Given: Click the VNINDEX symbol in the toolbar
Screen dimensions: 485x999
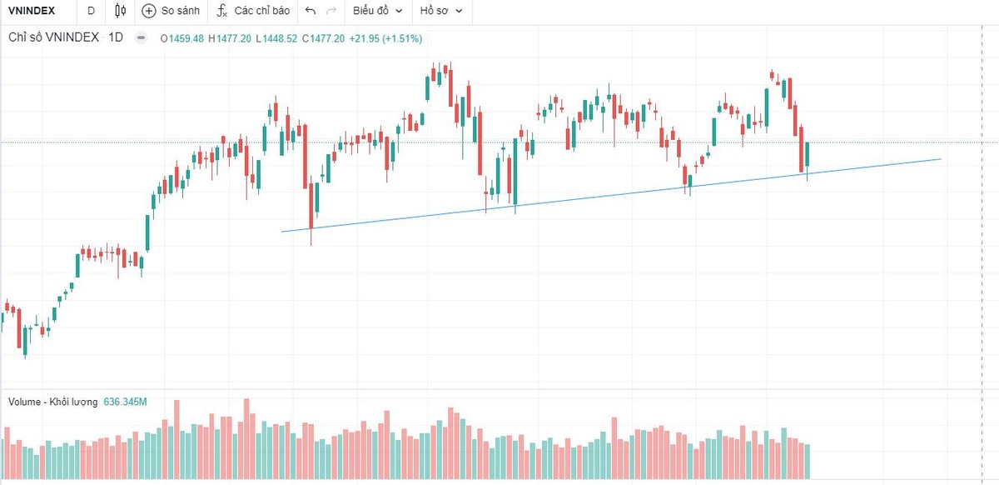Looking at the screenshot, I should click(32, 11).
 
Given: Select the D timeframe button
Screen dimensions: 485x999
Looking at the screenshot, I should click(91, 11).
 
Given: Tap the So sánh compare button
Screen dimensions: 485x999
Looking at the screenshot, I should click(171, 11).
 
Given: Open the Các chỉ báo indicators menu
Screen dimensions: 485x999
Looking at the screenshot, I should click(253, 11).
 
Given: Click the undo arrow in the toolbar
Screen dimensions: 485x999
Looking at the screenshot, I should click(311, 11).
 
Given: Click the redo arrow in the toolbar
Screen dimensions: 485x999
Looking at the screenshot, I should click(331, 11).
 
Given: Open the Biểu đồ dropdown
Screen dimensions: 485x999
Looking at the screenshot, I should click(377, 11).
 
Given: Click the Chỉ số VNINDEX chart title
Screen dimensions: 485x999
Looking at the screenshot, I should click(53, 37).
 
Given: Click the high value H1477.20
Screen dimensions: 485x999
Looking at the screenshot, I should click(230, 38).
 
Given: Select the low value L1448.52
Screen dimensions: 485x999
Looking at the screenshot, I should click(277, 38).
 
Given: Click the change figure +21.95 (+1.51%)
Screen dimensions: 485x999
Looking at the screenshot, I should click(385, 38).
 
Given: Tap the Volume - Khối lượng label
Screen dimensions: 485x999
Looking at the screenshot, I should click(52, 402).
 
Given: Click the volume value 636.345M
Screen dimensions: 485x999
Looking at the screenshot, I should click(125, 402).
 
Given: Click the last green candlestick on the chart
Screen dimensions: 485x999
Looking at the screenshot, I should click(807, 157).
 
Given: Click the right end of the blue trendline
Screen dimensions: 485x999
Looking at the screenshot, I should click(939, 158).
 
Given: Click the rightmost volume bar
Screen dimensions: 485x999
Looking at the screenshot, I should click(807, 461).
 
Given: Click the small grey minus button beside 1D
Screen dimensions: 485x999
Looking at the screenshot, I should click(141, 37).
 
